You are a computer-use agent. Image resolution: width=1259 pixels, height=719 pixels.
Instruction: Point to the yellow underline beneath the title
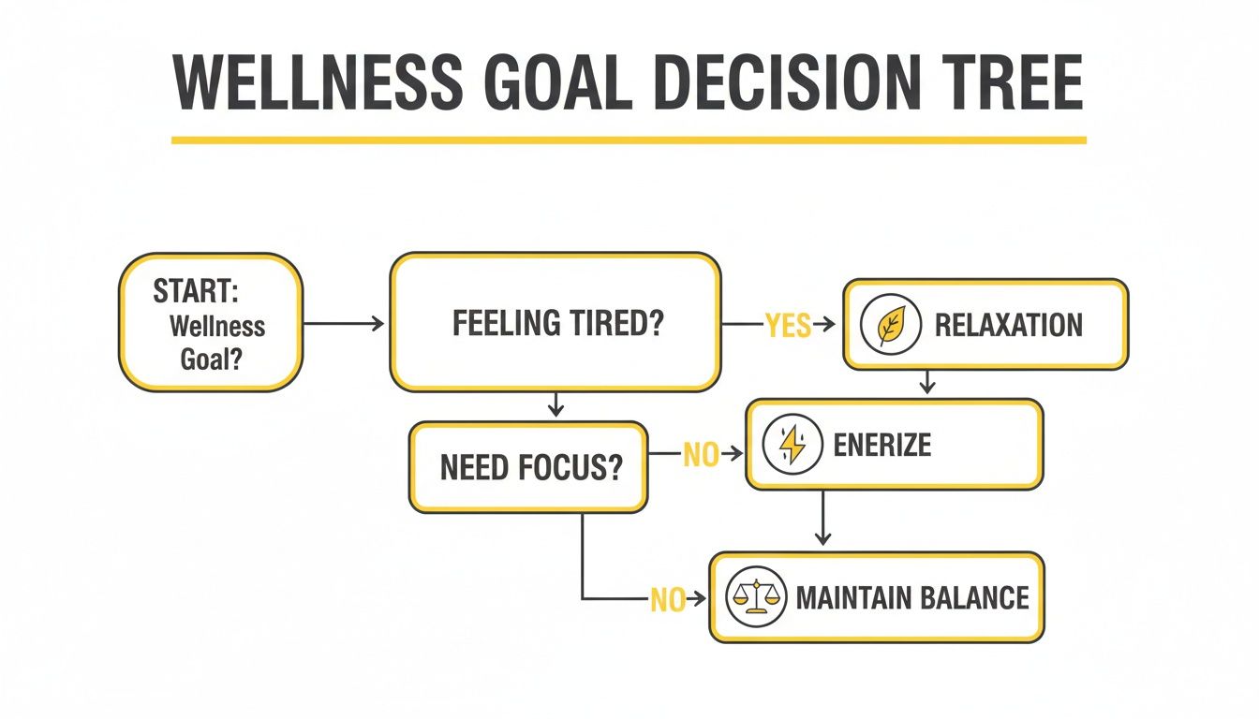click(x=628, y=140)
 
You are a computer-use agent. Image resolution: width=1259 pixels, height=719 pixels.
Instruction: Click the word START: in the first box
click(x=196, y=291)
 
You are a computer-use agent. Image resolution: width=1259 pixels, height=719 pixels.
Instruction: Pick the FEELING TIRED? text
click(x=558, y=324)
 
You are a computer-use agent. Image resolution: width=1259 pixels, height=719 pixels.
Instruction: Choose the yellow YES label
click(x=787, y=325)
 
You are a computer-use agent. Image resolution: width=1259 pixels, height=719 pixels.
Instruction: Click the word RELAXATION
click(x=1008, y=326)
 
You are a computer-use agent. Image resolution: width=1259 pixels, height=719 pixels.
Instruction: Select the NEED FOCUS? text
click(x=531, y=467)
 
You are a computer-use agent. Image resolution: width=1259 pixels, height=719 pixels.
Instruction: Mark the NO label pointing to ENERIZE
click(x=700, y=455)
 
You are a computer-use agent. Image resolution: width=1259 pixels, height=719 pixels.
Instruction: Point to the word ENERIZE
click(x=881, y=445)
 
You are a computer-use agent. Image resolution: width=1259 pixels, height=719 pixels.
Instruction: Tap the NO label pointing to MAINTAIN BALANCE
click(x=667, y=599)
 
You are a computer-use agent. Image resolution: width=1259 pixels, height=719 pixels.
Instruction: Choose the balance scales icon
click(x=755, y=597)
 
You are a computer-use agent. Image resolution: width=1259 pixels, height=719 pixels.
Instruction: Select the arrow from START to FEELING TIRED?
click(x=344, y=324)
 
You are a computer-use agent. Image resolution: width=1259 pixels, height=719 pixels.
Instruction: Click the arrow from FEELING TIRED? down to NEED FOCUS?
click(x=555, y=404)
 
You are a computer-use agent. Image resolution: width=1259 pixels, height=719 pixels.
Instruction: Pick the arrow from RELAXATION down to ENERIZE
click(x=927, y=382)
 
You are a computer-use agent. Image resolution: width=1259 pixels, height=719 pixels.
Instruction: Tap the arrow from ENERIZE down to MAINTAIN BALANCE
click(x=822, y=517)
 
